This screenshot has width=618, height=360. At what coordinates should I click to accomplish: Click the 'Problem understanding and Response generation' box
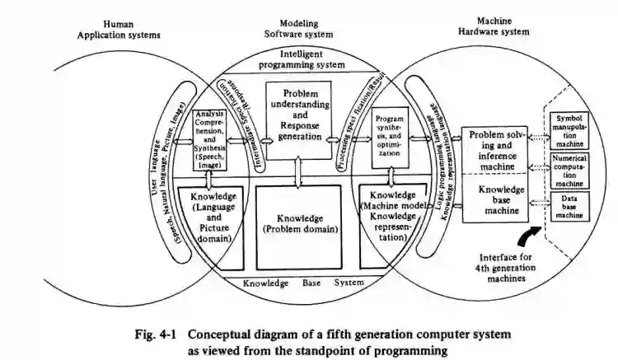[x=299, y=116]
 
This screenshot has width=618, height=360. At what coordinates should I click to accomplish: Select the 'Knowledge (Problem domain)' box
[x=299, y=223]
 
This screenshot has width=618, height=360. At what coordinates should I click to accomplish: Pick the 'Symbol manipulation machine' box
[x=569, y=129]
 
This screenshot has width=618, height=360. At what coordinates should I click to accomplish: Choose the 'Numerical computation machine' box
[x=569, y=170]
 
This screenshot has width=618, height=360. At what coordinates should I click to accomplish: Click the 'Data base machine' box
[x=569, y=206]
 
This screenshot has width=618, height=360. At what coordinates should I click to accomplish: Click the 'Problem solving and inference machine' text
[x=497, y=149]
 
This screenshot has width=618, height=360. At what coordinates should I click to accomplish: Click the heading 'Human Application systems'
[x=119, y=30]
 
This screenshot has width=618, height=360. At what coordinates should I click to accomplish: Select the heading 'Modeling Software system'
[x=299, y=30]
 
